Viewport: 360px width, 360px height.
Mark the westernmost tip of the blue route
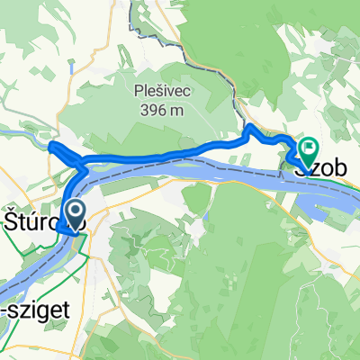49,145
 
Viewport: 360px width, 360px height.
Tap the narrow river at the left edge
13,133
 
